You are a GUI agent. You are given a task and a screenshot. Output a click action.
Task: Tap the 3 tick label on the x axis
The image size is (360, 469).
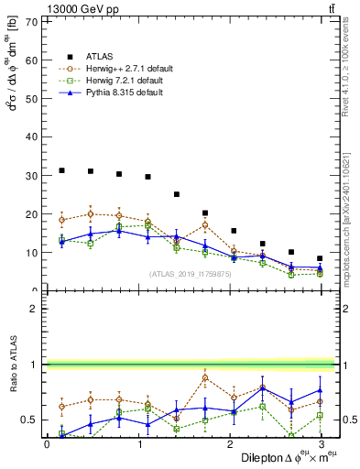click(320, 444)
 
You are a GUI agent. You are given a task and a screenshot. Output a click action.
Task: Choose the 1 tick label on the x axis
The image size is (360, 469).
click(138, 444)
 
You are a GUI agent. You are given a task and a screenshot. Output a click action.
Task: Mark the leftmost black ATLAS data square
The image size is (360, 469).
click(61, 170)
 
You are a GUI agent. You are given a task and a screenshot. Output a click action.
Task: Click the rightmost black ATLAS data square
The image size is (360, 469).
click(320, 258)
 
